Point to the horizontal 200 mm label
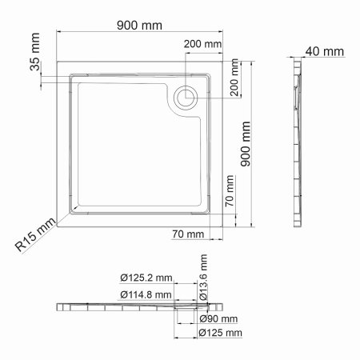[202, 43]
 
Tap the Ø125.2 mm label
[146, 278]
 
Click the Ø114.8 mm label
[146, 294]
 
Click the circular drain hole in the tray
[185, 96]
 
